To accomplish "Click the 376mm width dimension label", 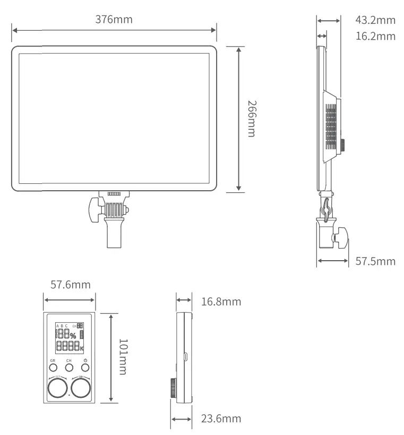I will click(x=114, y=20).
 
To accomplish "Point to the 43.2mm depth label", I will click(x=375, y=21).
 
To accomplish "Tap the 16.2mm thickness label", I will click(x=375, y=36).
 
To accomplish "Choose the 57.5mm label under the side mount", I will click(x=375, y=261).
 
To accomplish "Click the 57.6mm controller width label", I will click(x=70, y=285).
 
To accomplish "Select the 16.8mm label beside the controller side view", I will click(x=221, y=302).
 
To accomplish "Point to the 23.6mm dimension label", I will click(x=221, y=419).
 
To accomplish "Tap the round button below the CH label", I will click(x=69, y=368).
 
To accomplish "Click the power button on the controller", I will click(x=85, y=368).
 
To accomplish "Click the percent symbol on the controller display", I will click(x=73, y=335).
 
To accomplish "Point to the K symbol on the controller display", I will click(x=82, y=348).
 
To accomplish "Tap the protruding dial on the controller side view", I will click(x=173, y=388).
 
